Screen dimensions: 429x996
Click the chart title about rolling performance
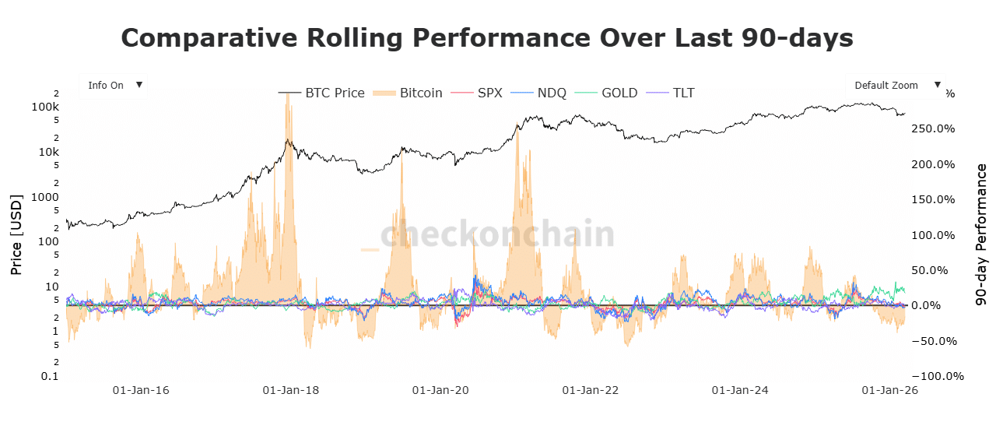(x=487, y=38)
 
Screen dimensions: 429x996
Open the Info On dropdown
(x=114, y=86)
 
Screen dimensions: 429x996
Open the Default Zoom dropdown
(x=895, y=86)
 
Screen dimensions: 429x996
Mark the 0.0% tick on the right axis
(x=938, y=306)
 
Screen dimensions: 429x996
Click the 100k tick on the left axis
(x=45, y=107)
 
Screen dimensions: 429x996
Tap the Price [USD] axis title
(x=16, y=234)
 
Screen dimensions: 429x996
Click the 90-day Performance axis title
(x=981, y=234)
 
